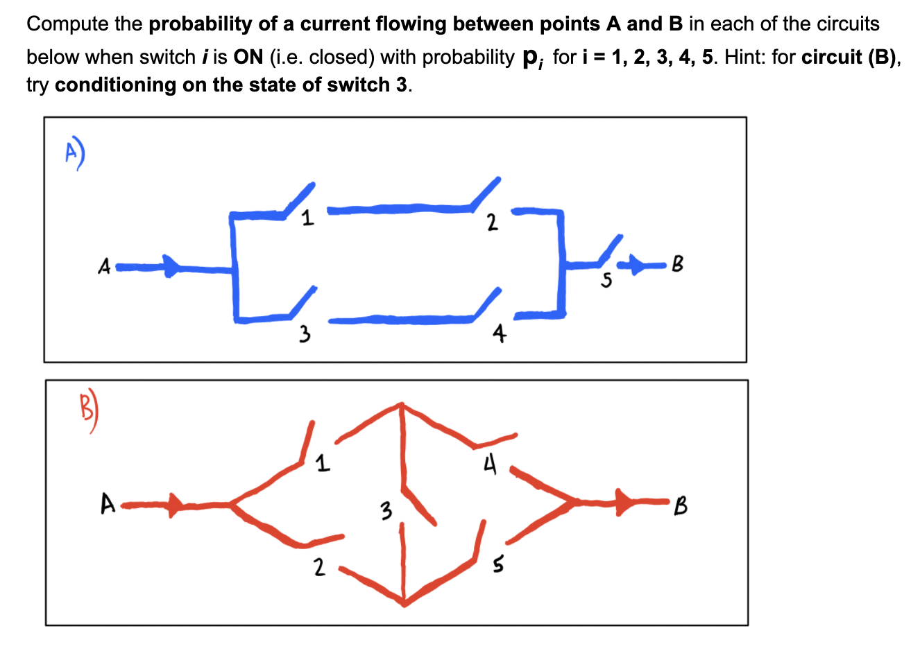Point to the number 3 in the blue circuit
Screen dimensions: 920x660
click(303, 336)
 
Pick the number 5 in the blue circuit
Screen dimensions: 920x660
click(607, 280)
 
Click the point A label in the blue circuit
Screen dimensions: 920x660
click(104, 266)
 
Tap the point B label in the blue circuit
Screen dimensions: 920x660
click(677, 264)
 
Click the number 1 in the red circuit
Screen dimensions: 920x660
click(321, 463)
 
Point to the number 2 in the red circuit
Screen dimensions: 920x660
click(318, 568)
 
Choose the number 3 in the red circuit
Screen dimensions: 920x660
click(386, 512)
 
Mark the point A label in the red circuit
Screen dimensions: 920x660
click(107, 504)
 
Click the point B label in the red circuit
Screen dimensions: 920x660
click(681, 506)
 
